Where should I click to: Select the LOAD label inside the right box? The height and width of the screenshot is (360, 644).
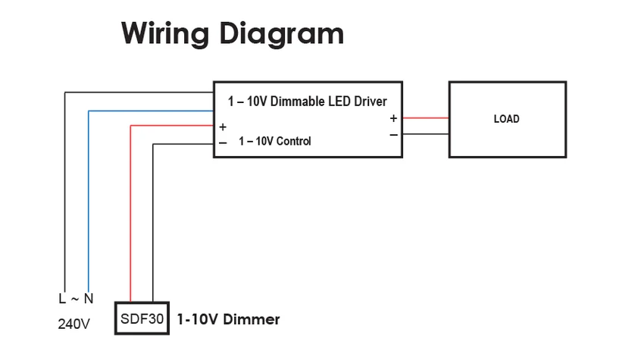click(506, 119)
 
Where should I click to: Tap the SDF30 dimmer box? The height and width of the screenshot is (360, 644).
click(141, 319)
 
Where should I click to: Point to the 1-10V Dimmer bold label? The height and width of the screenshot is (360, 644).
click(228, 320)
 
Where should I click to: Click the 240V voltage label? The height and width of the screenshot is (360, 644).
click(74, 324)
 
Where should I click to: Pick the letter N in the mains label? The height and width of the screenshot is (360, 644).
click(89, 299)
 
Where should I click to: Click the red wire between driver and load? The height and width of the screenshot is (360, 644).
click(425, 118)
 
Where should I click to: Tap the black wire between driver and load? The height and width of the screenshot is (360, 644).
click(425, 135)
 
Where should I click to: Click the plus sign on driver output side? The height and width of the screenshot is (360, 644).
click(393, 118)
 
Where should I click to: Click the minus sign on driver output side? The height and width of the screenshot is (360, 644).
click(393, 135)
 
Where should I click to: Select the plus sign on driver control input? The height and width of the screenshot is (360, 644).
click(223, 127)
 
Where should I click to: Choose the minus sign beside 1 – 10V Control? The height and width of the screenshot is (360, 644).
click(223, 142)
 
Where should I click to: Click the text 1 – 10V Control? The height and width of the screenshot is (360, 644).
click(274, 141)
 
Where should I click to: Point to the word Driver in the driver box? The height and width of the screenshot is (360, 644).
click(369, 102)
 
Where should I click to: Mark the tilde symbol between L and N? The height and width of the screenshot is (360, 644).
click(77, 299)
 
